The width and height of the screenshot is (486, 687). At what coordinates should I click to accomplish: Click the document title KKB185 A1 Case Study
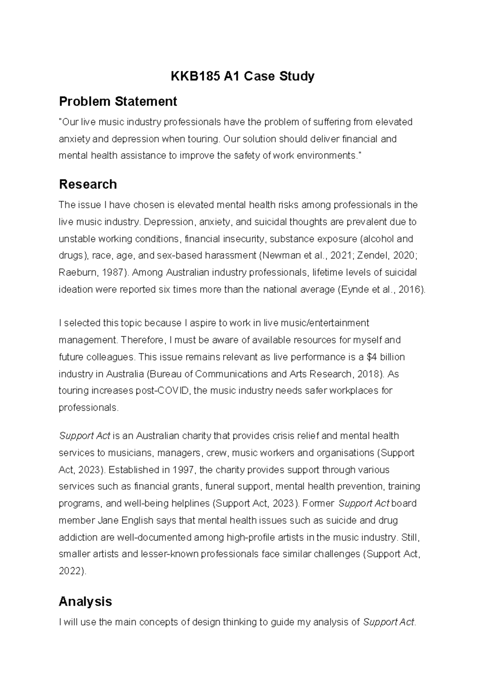coord(242,76)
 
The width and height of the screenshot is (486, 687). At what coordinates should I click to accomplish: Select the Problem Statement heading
coord(118,101)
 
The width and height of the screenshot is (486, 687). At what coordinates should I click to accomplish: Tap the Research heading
coord(88,184)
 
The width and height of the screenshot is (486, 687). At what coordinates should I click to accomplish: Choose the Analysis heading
coord(85,602)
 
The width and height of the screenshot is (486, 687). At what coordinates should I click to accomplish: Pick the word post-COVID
coord(166,391)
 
